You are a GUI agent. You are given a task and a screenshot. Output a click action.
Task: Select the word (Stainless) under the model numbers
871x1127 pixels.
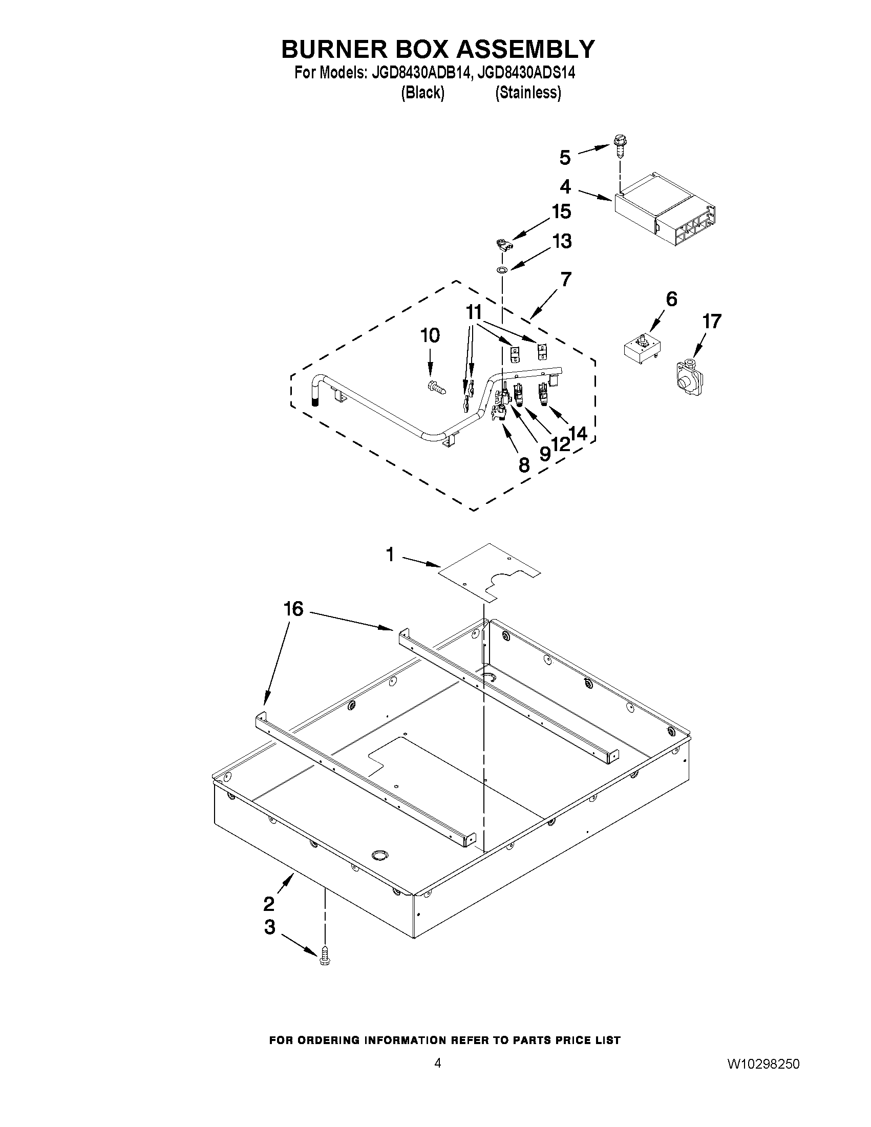528,92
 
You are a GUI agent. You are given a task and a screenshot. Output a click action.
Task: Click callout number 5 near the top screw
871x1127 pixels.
565,158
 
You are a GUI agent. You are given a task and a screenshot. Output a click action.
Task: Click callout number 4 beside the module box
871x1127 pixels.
565,187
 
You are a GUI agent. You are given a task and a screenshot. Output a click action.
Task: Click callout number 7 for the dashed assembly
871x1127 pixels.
565,279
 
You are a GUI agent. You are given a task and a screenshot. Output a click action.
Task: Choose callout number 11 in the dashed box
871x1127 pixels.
473,312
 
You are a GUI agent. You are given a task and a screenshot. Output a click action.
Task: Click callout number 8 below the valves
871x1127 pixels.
523,465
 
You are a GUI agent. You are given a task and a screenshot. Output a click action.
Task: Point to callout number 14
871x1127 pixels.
579,434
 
